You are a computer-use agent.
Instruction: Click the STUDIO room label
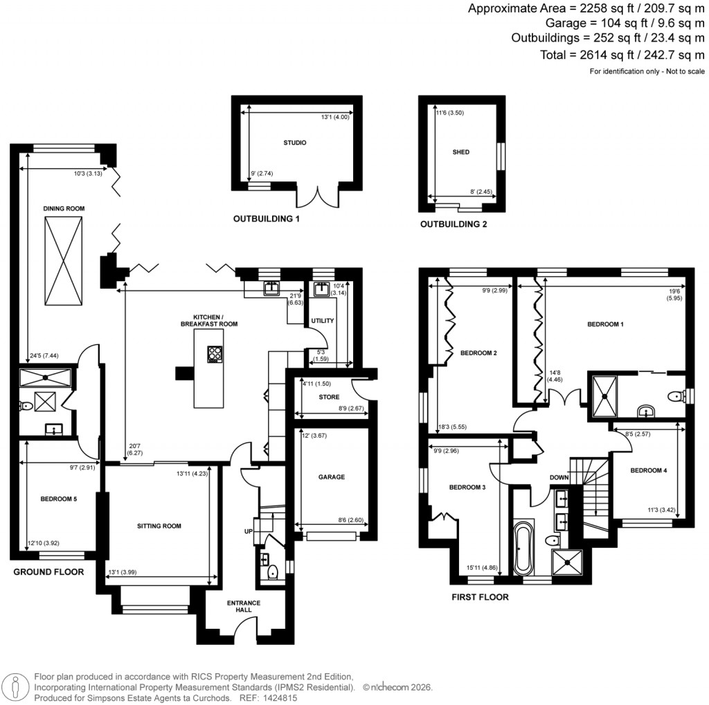(x=294, y=143)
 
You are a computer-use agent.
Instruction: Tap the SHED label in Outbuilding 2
(x=461, y=152)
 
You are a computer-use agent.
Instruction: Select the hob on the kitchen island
(x=215, y=354)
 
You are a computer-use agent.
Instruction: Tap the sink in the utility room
(x=321, y=289)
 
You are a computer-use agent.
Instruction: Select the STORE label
(x=329, y=398)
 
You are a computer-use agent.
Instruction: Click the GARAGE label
(x=332, y=476)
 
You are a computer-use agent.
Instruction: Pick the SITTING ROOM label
(x=159, y=526)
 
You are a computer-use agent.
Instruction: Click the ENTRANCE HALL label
(x=244, y=607)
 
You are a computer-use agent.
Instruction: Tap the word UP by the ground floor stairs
(x=247, y=531)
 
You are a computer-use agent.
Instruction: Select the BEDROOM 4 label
(x=648, y=471)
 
